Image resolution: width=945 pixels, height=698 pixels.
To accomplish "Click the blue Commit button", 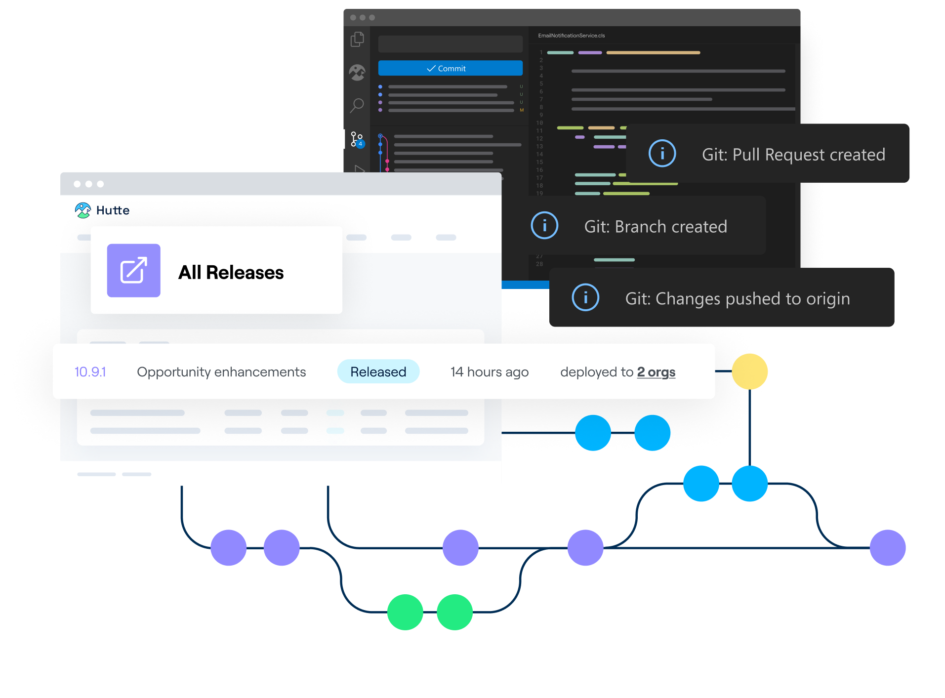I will (450, 68).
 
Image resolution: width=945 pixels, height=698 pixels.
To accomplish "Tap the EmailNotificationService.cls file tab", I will (571, 36).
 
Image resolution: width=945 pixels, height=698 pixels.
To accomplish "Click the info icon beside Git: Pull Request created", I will (662, 153).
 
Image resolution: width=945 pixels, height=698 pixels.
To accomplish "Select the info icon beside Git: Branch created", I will (544, 225).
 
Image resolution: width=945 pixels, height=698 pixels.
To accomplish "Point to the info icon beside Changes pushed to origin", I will (585, 297).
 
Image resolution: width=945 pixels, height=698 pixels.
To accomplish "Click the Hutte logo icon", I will (83, 210).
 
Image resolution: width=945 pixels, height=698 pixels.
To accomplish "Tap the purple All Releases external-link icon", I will (134, 271).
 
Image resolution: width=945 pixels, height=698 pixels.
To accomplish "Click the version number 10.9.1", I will (90, 372).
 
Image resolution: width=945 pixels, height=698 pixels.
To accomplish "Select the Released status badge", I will (378, 371).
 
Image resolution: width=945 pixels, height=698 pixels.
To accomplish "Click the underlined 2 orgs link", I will (656, 372).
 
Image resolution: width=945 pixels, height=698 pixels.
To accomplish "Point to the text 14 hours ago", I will (489, 372).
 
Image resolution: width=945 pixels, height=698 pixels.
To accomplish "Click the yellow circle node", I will (749, 371).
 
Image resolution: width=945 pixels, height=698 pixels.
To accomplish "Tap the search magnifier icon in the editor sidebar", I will (357, 105).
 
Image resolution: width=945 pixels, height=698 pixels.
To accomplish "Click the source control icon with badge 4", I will (357, 139).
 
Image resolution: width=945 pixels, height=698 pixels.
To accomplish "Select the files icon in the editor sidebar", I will (357, 40).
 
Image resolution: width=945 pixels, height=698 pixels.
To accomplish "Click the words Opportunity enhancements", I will (221, 372).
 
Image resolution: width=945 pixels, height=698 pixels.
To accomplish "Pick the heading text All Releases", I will (231, 273).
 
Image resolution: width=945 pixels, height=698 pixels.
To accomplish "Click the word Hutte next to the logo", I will (113, 210).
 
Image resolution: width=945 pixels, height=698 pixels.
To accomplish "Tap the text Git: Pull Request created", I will (793, 155).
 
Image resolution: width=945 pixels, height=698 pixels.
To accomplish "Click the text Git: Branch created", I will (656, 227).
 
